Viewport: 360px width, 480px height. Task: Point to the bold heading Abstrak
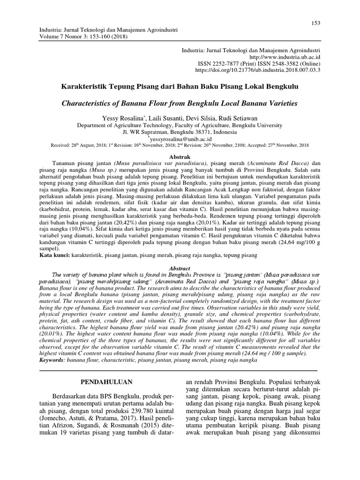[x=180, y=156]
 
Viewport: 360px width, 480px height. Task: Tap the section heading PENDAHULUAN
[x=105, y=382]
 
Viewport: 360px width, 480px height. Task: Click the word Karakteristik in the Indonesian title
[x=87, y=87]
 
